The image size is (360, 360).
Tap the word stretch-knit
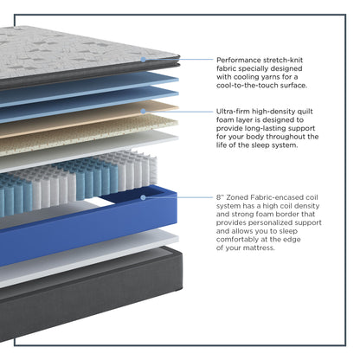pyautogui.click(x=283, y=60)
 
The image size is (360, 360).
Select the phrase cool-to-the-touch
pyautogui.click(x=247, y=86)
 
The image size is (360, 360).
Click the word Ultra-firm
pyautogui.click(x=233, y=112)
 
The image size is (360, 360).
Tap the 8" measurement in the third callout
pyautogui.click(x=220, y=197)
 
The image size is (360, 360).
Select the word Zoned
pyautogui.click(x=237, y=197)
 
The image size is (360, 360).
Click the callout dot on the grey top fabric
pyautogui.click(x=143, y=60)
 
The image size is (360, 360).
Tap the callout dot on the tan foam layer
pyautogui.click(x=143, y=111)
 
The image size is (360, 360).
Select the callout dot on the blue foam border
pyautogui.click(x=143, y=197)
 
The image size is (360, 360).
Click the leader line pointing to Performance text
pyautogui.click(x=179, y=60)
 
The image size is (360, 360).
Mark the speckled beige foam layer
pyautogui.click(x=87, y=136)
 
